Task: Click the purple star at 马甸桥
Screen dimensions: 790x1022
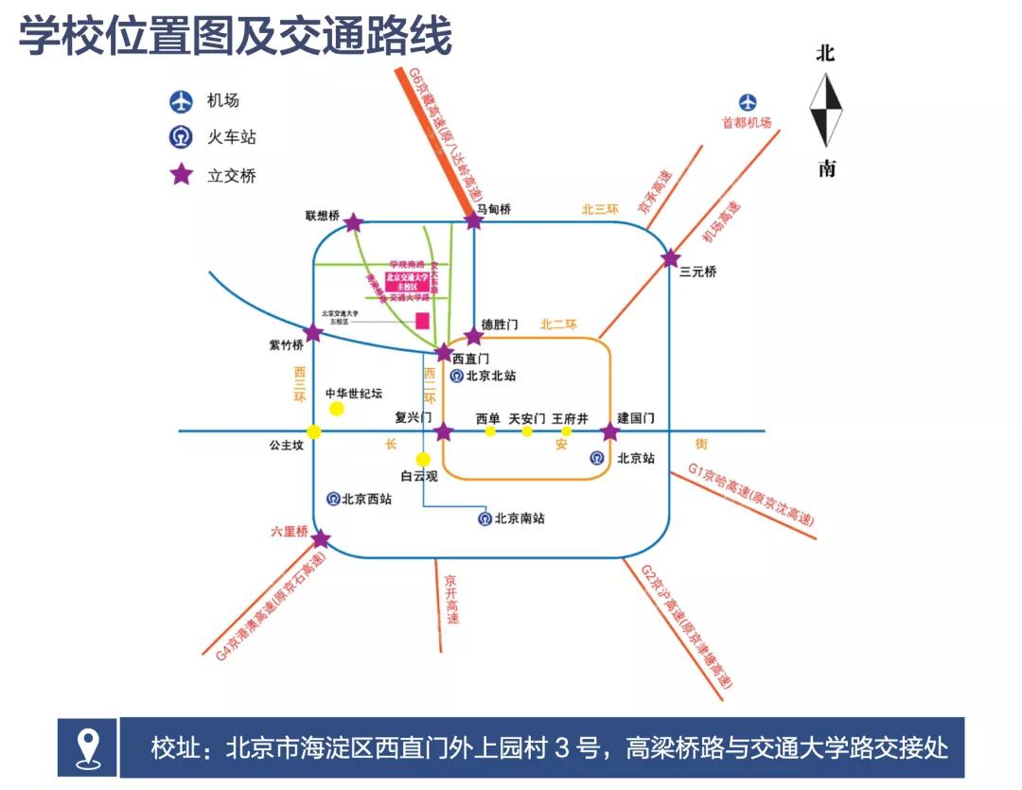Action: tap(474, 220)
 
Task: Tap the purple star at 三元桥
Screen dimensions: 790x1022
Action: tap(671, 257)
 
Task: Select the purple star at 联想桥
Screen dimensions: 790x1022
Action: tap(353, 222)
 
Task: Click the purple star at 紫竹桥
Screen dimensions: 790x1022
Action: tap(313, 333)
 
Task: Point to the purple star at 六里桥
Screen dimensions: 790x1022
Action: tap(321, 539)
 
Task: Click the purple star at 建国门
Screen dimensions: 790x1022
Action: tap(610, 432)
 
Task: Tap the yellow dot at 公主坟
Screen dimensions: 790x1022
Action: tap(314, 432)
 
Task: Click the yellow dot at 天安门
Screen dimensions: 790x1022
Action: tap(527, 431)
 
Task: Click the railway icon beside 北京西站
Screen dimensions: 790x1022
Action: tap(333, 498)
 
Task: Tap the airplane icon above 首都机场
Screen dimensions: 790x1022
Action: tap(749, 102)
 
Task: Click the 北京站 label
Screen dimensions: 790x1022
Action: tap(636, 458)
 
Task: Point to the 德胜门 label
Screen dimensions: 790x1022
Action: tap(500, 325)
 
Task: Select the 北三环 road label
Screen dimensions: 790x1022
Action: tap(599, 209)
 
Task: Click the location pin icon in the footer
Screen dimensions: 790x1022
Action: tap(87, 747)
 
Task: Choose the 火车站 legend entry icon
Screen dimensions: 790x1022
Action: tap(181, 137)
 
